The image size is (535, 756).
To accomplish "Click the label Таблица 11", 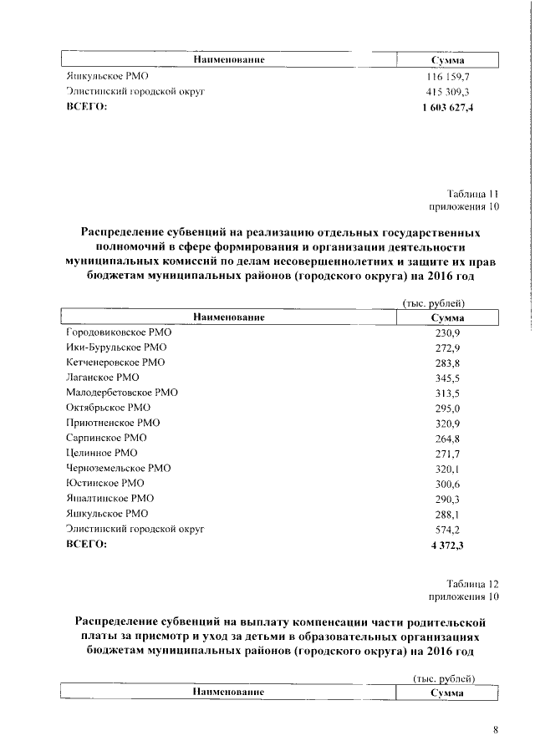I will [471, 193].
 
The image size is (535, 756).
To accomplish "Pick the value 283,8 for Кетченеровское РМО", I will [447, 363].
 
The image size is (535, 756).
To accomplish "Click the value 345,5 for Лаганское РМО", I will [447, 378].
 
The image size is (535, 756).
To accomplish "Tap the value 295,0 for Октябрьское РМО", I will [447, 408].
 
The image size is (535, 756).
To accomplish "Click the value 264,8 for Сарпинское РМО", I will [447, 438].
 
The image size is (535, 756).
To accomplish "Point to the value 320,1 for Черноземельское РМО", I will [447, 469].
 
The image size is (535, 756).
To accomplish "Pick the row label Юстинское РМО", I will [105, 483].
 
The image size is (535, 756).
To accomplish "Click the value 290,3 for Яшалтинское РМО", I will [447, 499].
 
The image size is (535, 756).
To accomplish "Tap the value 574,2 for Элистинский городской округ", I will [447, 529].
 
